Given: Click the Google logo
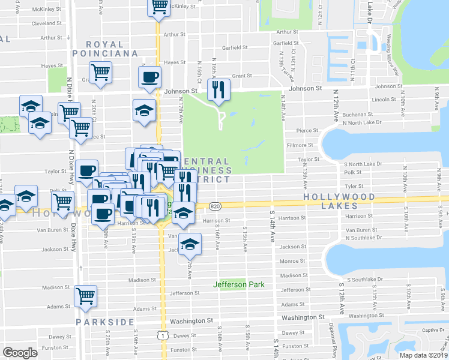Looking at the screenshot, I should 20,353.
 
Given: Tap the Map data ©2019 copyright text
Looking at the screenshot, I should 423,355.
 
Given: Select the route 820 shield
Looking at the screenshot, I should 215,206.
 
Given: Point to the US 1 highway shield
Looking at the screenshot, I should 163,335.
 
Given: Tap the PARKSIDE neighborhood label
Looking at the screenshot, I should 105,322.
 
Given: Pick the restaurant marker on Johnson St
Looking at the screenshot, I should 217,89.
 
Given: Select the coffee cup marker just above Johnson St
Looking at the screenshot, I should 149,76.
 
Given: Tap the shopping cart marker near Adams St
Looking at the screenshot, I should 85,295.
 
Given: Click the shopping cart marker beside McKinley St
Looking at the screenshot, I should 159,6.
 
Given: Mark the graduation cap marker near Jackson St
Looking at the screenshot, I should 190,243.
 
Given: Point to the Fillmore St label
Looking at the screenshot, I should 301,145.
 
